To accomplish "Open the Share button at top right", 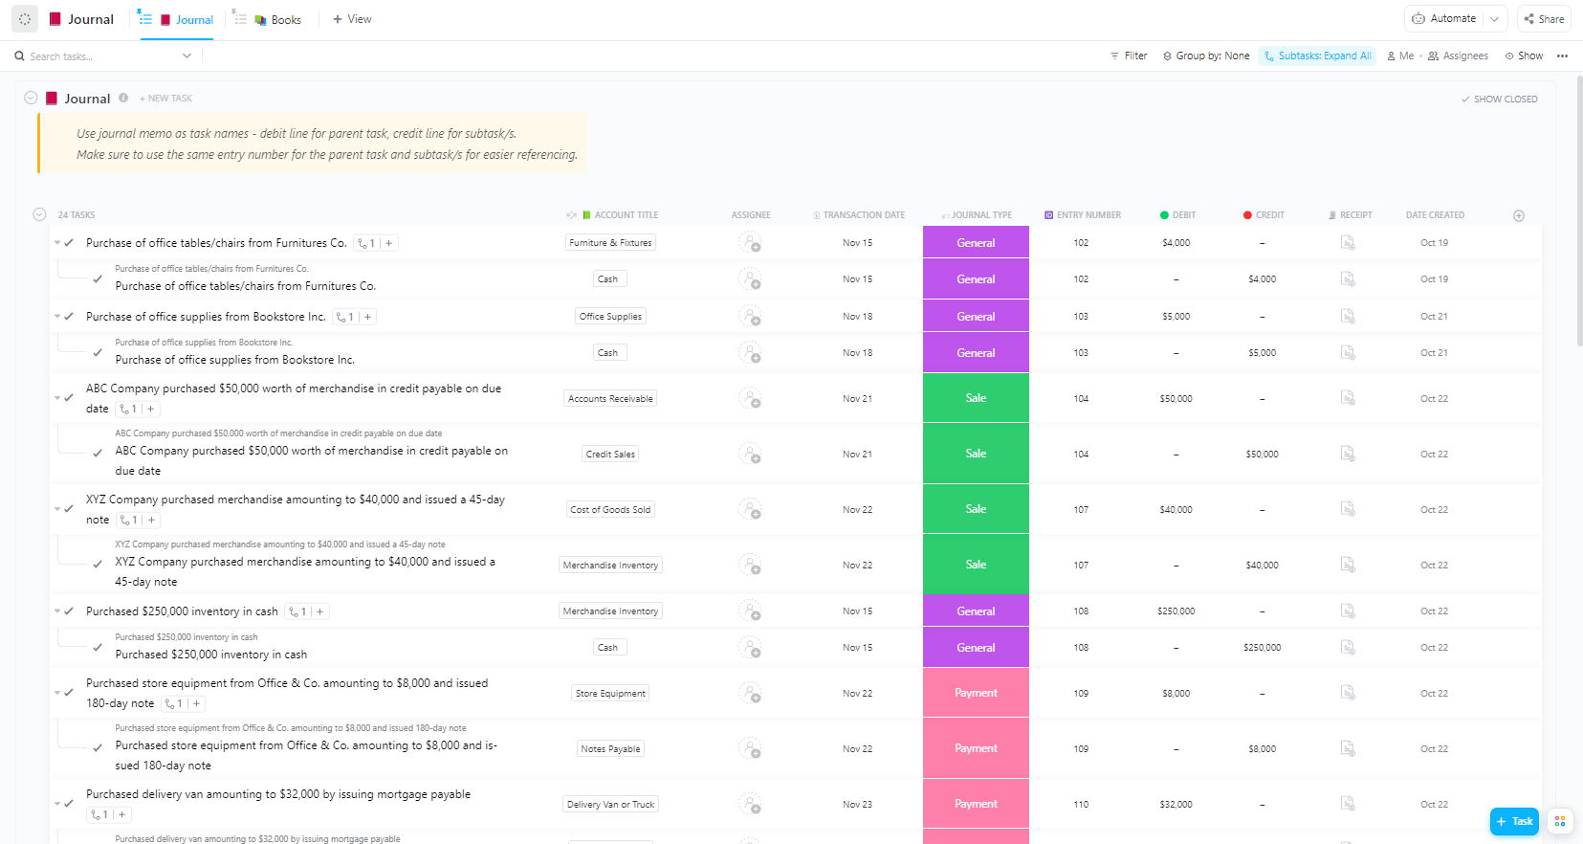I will point(1544,19).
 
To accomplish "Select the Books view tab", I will point(278,19).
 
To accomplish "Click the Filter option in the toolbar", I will point(1129,56).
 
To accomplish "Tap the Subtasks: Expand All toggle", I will point(1317,56).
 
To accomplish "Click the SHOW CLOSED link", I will point(1499,99).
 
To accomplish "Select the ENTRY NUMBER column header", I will point(1083,215).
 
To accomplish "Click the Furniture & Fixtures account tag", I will point(610,243).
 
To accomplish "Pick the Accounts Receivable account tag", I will point(610,399).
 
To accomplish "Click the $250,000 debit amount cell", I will point(1176,611).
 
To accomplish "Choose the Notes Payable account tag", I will point(610,749).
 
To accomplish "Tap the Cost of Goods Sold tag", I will point(610,510).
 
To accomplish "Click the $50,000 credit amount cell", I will point(1262,455).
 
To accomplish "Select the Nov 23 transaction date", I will point(857,805).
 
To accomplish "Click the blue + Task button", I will point(1514,821).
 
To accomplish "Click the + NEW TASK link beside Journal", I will point(165,99).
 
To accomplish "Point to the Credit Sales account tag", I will point(610,455).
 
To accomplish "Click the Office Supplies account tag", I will point(610,317).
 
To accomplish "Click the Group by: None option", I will point(1206,56).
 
